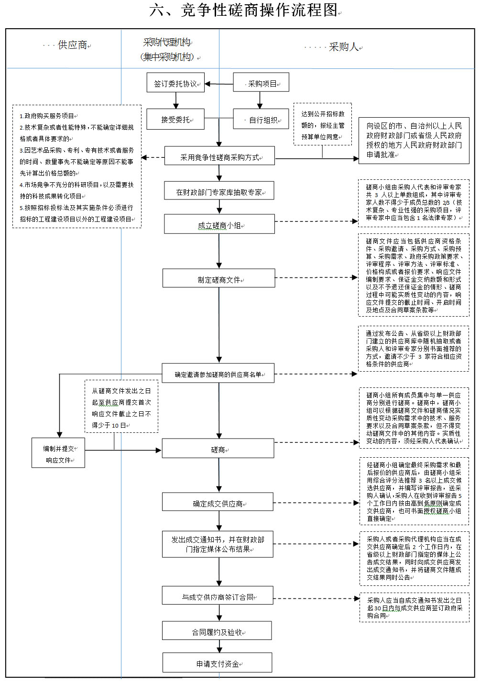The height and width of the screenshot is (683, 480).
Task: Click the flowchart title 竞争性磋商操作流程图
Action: (x=244, y=10)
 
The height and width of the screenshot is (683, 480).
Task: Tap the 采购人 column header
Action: (x=344, y=47)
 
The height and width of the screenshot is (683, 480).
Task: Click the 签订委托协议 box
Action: (x=175, y=83)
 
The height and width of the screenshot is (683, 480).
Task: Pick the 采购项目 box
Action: (x=261, y=83)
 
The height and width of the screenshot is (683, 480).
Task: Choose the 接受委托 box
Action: (x=175, y=120)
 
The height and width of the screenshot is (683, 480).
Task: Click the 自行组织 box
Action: (x=261, y=120)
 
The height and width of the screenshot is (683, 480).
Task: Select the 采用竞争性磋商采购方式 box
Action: (x=219, y=156)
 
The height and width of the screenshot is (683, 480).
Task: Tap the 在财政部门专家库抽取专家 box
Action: (x=219, y=192)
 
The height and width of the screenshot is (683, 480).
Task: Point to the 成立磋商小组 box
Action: (x=219, y=225)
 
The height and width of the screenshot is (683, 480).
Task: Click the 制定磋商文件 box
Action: (x=219, y=279)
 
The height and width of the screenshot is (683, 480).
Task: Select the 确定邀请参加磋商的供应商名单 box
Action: (x=218, y=374)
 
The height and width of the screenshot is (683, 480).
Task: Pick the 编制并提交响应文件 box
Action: (x=58, y=454)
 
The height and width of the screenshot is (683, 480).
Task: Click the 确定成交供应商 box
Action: (x=218, y=503)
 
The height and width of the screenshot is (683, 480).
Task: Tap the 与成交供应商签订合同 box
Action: (x=218, y=596)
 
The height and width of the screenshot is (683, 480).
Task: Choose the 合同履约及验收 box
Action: (x=217, y=631)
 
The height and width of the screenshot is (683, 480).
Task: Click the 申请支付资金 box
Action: (x=218, y=663)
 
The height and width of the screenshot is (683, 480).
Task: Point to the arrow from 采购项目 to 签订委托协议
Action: (x=219, y=84)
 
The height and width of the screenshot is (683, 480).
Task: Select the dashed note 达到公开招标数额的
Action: (x=323, y=125)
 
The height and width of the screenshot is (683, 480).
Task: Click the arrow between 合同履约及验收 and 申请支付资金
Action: (x=219, y=647)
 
